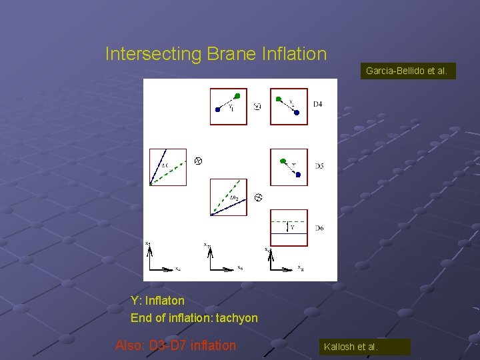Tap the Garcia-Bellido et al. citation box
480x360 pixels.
(x=407, y=70)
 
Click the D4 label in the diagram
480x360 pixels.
(x=318, y=104)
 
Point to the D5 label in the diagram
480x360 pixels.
(x=319, y=165)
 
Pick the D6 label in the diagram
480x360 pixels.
(x=319, y=228)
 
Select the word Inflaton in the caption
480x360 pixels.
(x=165, y=301)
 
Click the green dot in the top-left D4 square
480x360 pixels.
(x=237, y=96)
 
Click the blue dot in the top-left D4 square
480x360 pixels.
(x=217, y=110)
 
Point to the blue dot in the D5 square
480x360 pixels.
(x=298, y=175)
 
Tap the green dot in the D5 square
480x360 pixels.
(x=283, y=161)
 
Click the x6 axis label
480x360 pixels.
(x=240, y=268)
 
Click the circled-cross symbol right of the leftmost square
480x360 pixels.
(x=197, y=161)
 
